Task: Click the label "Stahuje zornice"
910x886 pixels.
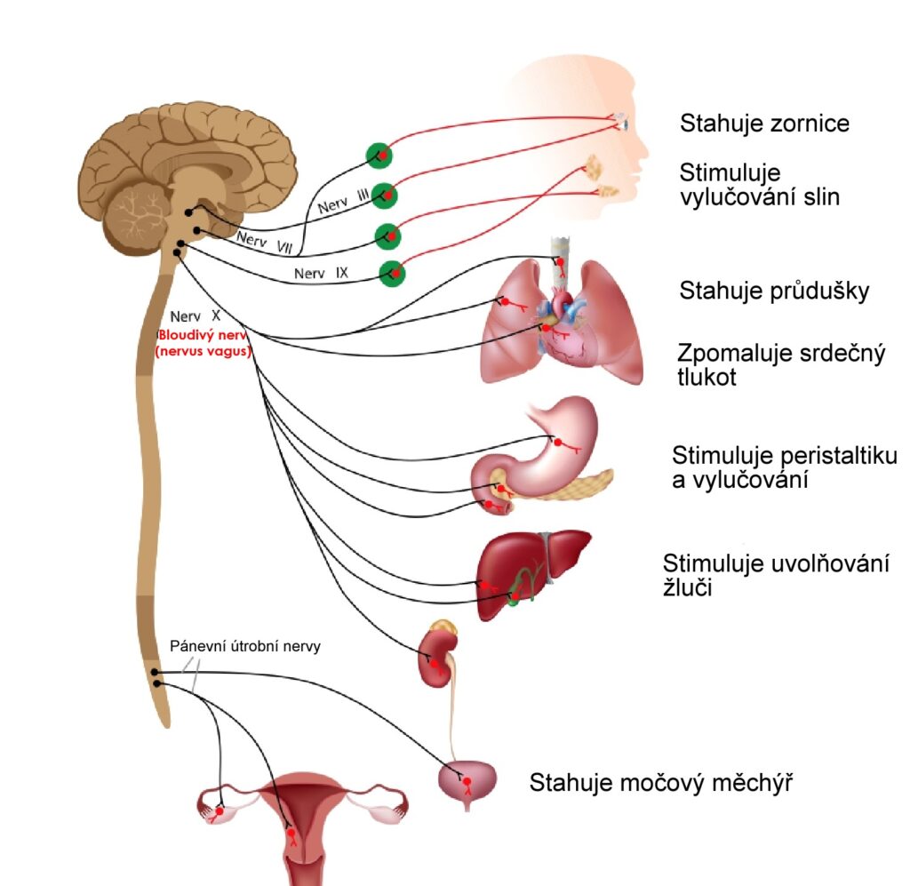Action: [764, 124]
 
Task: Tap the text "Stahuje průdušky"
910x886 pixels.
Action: [774, 291]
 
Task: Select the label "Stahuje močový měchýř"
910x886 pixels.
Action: [661, 783]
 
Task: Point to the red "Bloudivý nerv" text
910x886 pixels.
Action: [203, 335]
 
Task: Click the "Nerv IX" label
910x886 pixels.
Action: [321, 274]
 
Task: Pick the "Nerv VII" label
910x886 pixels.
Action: [265, 243]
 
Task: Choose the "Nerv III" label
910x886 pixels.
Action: [344, 201]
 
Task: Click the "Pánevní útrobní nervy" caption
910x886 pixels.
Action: [245, 646]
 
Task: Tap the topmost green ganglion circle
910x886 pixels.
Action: [379, 156]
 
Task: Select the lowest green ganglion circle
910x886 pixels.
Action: [392, 273]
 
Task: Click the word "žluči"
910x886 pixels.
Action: [687, 587]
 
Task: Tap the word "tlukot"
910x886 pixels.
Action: [706, 377]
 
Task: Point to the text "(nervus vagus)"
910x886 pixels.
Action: [204, 351]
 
